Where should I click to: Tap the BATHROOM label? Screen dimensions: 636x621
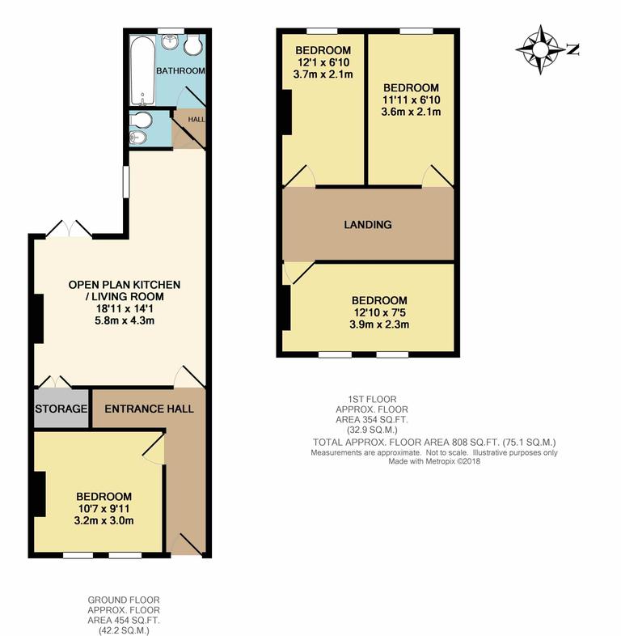(x=180, y=71)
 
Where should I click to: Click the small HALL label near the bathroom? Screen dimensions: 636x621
(x=196, y=118)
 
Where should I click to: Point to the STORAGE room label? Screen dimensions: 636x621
(x=61, y=409)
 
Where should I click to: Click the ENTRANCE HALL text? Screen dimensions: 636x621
(x=149, y=409)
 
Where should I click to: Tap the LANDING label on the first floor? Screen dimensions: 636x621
(x=367, y=225)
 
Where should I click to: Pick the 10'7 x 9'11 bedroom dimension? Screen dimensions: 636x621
(x=103, y=508)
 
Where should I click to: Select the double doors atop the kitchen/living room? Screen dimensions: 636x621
(x=68, y=230)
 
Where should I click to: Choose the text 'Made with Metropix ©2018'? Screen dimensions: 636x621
(x=434, y=462)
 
